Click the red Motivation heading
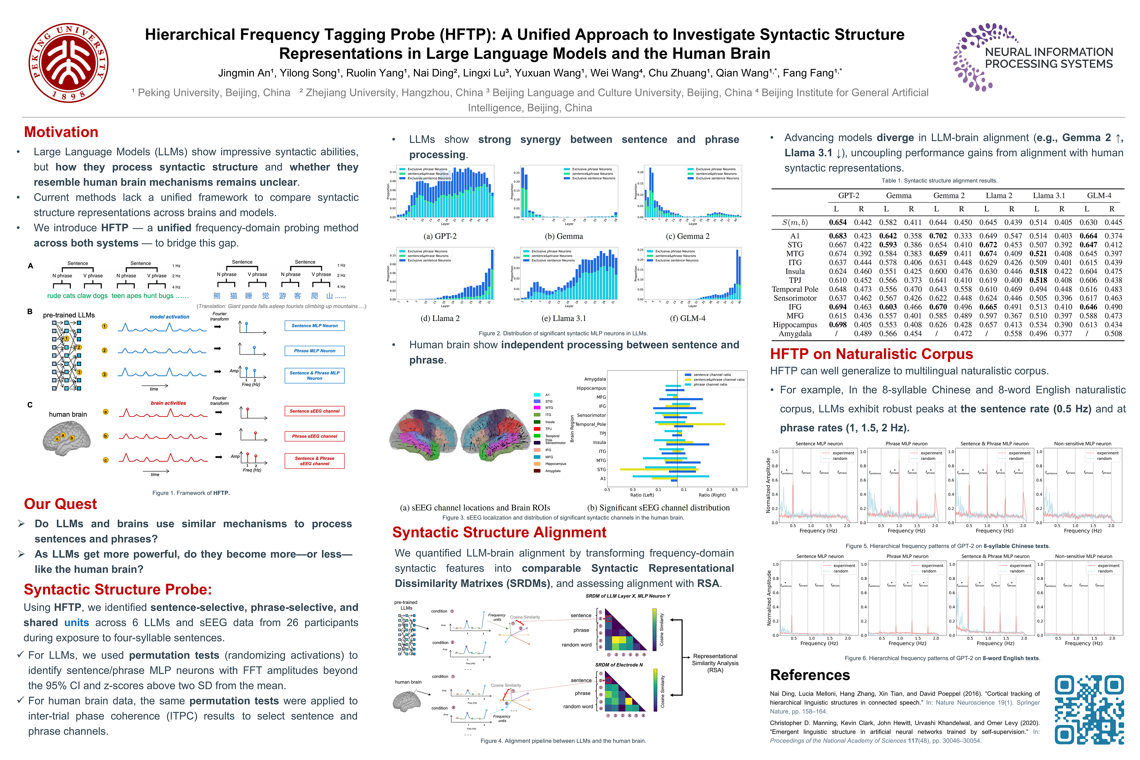tap(61, 132)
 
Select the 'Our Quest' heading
tap(61, 504)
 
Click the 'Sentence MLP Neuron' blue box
tap(315, 326)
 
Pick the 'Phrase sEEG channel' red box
tap(315, 436)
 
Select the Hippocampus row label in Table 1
tap(795, 325)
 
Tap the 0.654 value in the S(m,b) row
tap(838, 222)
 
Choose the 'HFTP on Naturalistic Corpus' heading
tap(871, 354)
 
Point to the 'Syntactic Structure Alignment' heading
tap(499, 533)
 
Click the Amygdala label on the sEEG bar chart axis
tap(595, 379)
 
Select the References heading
tap(810, 675)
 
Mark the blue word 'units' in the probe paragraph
tap(77, 623)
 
